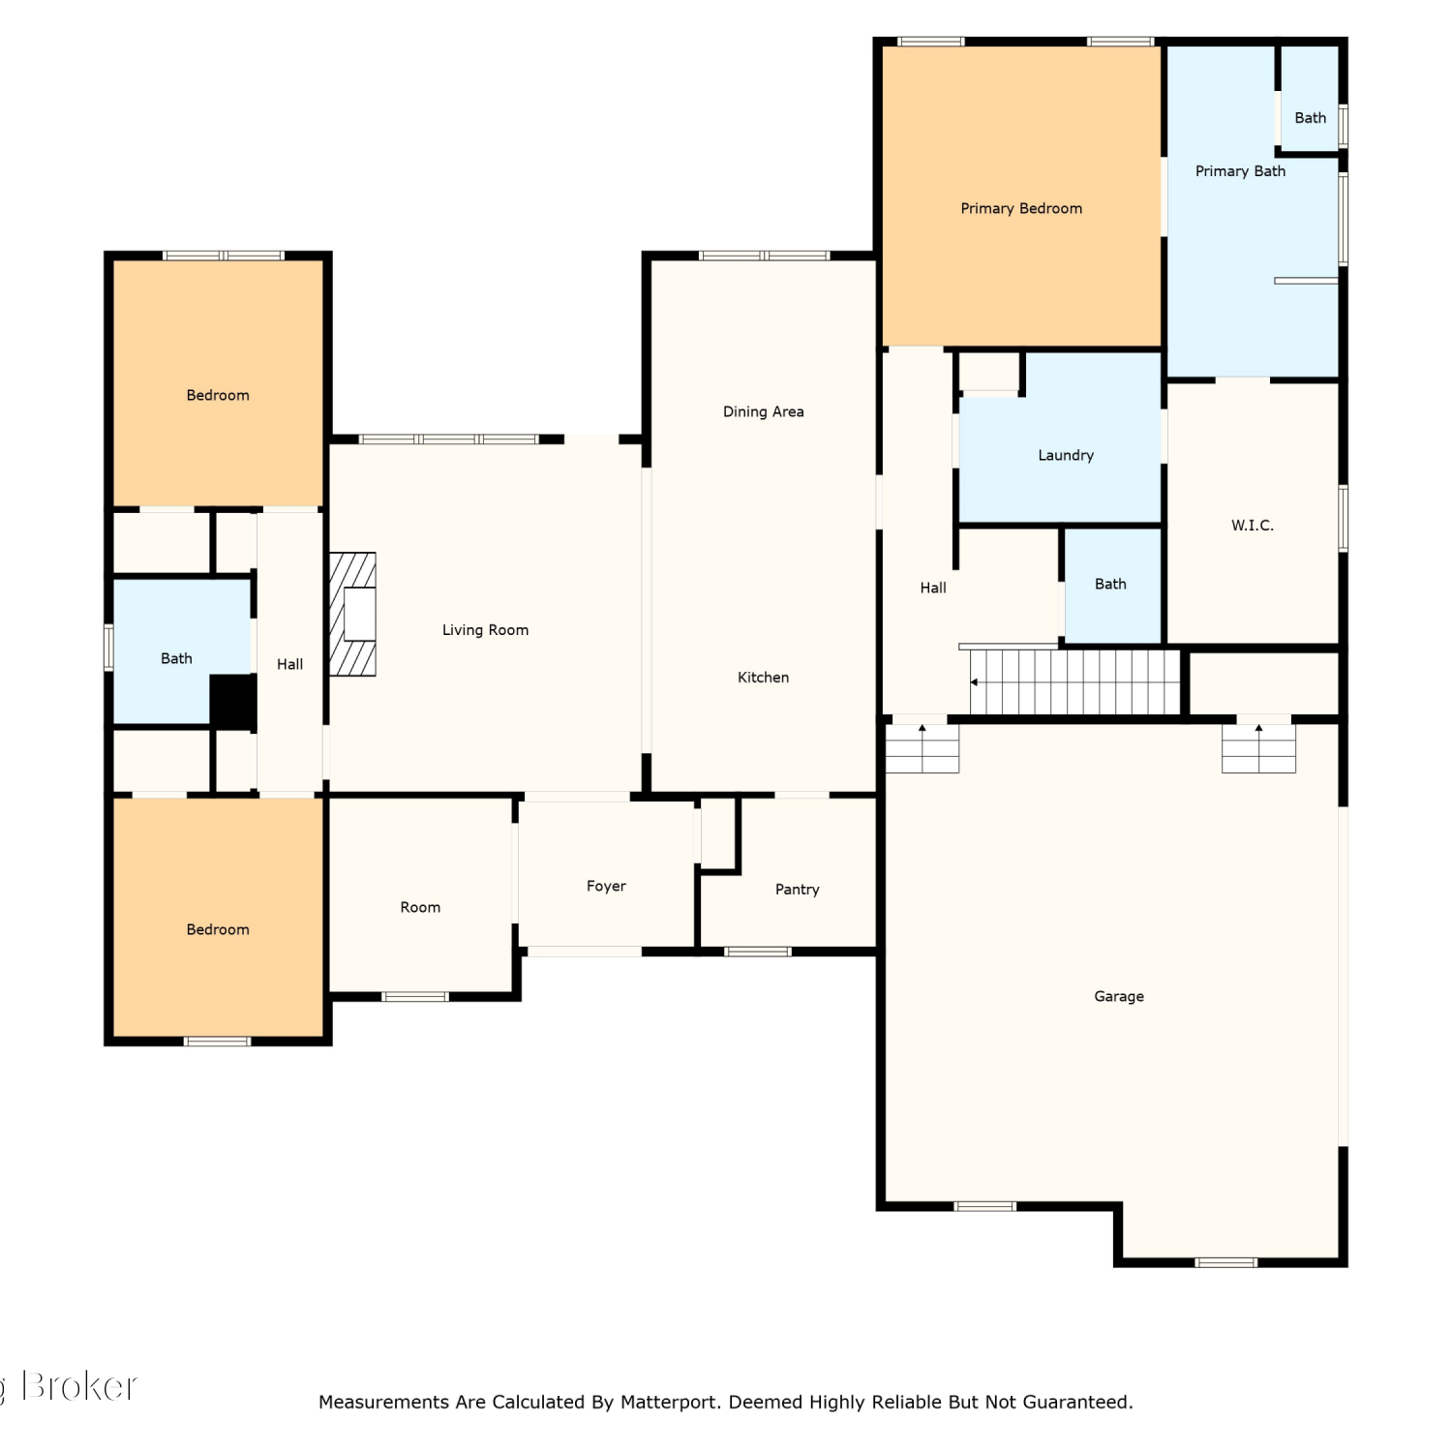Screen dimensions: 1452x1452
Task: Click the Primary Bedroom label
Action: pos(1021,208)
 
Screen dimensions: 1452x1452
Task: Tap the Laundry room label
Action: pos(1066,455)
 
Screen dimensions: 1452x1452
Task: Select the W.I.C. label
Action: pos(1253,525)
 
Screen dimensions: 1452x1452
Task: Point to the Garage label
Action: pos(1119,996)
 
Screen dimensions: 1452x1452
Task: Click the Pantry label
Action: pos(798,889)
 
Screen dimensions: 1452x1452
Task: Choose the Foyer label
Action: pos(606,886)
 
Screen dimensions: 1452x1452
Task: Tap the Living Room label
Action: pos(485,630)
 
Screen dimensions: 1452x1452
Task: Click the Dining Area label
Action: pos(764,411)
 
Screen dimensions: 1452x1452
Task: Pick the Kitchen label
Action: pos(764,678)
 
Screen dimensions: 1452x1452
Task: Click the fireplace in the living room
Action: pos(352,614)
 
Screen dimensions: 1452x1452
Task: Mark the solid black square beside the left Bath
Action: pos(233,702)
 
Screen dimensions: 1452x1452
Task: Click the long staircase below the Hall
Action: pos(1075,681)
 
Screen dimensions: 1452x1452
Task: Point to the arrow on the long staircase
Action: pos(975,682)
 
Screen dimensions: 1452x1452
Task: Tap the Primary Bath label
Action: pos(1240,171)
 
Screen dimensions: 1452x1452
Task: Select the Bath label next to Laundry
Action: pos(1110,584)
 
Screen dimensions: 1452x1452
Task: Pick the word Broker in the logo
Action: pos(79,1386)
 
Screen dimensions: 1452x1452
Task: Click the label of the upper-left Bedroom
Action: pos(218,395)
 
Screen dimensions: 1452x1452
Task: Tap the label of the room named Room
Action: pos(420,907)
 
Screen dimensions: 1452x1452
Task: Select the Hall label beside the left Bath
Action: pos(289,664)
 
